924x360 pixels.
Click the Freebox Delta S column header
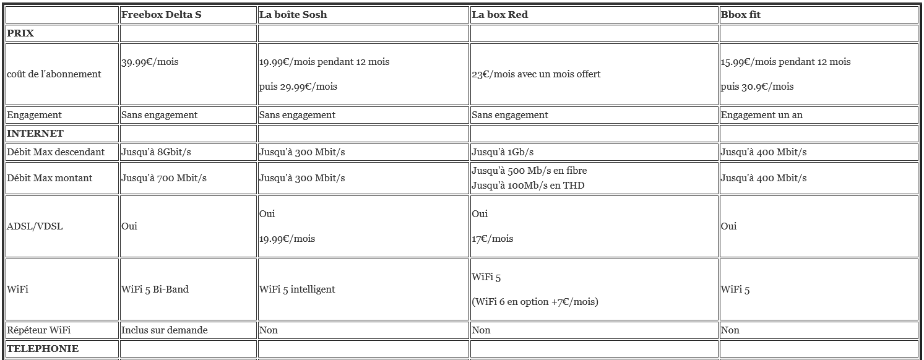point(161,15)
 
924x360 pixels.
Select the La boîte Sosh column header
point(293,15)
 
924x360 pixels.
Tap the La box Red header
point(499,15)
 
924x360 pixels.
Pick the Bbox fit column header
point(740,15)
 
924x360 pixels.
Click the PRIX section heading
point(20,33)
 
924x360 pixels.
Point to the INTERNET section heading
point(35,134)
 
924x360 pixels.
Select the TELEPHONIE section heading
point(43,349)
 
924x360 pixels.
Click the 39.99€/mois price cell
point(150,62)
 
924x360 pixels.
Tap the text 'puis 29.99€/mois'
point(298,87)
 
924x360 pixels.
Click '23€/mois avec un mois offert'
point(536,74)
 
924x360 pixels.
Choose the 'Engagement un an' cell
point(761,115)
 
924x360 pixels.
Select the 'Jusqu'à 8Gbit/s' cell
point(157,152)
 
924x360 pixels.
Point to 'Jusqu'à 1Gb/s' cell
point(502,152)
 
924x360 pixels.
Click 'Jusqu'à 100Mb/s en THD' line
point(528,186)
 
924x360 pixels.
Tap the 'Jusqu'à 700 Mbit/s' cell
point(163,178)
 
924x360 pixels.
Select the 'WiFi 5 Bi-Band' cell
point(155,289)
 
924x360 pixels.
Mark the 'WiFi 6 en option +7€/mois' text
point(535,302)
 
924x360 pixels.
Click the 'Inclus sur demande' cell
point(164,330)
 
